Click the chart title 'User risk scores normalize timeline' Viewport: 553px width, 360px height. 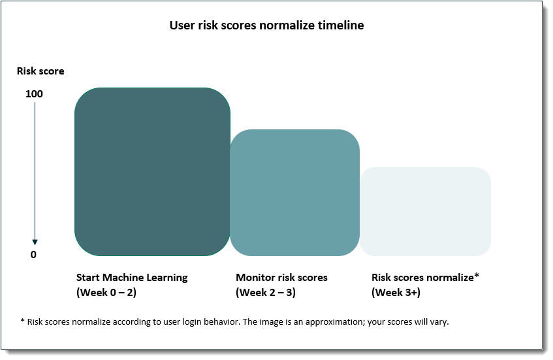coord(266,25)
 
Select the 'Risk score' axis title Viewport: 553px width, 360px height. coord(40,71)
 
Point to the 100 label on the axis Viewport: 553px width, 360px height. coord(35,94)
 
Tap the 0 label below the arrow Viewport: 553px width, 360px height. coord(34,255)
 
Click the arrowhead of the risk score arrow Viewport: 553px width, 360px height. coord(35,242)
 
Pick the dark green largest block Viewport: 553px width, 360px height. coord(152,171)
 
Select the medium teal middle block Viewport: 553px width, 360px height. coord(294,192)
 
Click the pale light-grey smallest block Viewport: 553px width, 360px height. coord(426,212)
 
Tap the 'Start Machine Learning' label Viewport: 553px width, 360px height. coord(132,278)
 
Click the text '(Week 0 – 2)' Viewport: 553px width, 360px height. coord(106,293)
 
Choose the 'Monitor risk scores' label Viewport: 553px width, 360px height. coord(281,278)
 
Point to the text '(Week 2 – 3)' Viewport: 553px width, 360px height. coord(266,293)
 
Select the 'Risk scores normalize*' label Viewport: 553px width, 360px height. coord(425,278)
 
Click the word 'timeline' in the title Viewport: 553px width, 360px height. coord(342,25)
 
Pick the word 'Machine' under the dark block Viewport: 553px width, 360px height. coord(124,278)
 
